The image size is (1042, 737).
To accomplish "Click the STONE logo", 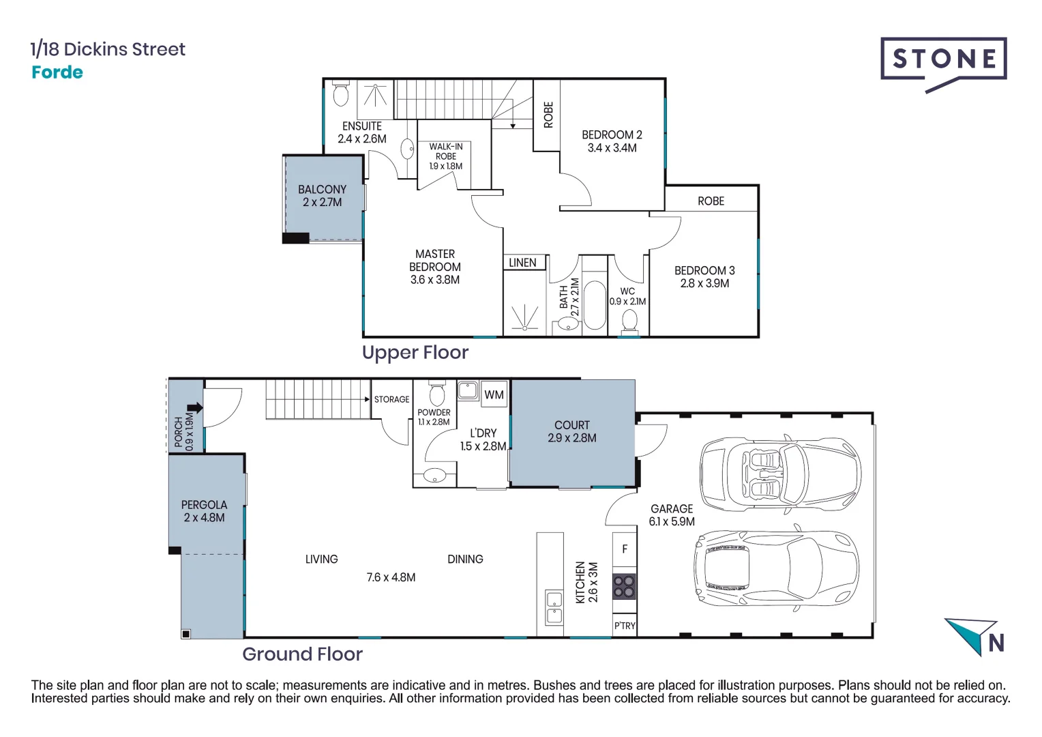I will tap(943, 60).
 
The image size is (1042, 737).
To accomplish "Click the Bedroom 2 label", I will tap(612, 135).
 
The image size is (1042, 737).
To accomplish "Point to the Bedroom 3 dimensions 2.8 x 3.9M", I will tap(704, 283).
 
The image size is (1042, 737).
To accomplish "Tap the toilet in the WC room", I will tap(630, 321).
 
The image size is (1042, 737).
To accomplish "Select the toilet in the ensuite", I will tap(341, 95).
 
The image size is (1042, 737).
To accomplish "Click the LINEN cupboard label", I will tap(522, 263).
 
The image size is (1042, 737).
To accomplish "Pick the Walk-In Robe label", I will tap(446, 151).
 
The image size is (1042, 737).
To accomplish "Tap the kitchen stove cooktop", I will tap(624, 586).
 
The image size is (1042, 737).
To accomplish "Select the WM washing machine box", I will tap(494, 394).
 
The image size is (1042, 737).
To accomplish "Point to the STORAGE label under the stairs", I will tap(391, 399).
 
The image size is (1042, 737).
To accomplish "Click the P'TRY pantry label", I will tap(625, 626).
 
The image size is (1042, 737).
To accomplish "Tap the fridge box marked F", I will tap(625, 549).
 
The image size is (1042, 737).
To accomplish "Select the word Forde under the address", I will tap(57, 72).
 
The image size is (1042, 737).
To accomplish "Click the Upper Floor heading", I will tap(415, 353).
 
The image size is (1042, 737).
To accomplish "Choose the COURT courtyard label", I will tap(571, 425).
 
